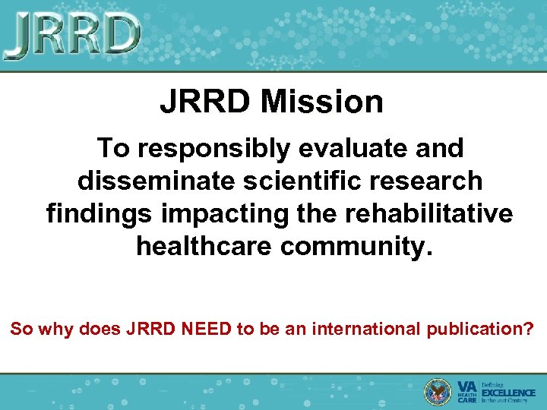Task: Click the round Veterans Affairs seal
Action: coord(438,391)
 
